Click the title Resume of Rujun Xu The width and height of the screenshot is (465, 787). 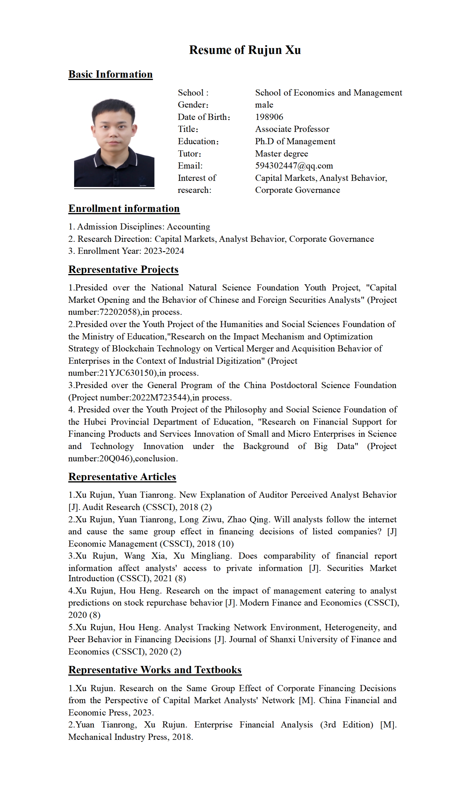coord(245,50)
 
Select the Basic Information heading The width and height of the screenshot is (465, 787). coord(110,74)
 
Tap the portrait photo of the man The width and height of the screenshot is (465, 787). coord(114,143)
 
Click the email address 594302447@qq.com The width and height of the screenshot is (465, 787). coord(294,166)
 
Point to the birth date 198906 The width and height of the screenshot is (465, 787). coord(269,117)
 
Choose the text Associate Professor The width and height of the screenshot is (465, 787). coord(292,129)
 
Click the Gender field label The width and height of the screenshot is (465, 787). coord(193,105)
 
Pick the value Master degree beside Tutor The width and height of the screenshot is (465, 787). coord(281,154)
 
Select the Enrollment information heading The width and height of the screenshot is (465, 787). coord(124,209)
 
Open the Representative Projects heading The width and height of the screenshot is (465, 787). coord(123,269)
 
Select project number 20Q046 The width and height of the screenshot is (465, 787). coord(114,458)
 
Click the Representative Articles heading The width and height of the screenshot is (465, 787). coord(122,477)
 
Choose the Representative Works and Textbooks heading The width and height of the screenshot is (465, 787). coord(155,670)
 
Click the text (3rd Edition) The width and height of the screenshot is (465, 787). coord(347,725)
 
